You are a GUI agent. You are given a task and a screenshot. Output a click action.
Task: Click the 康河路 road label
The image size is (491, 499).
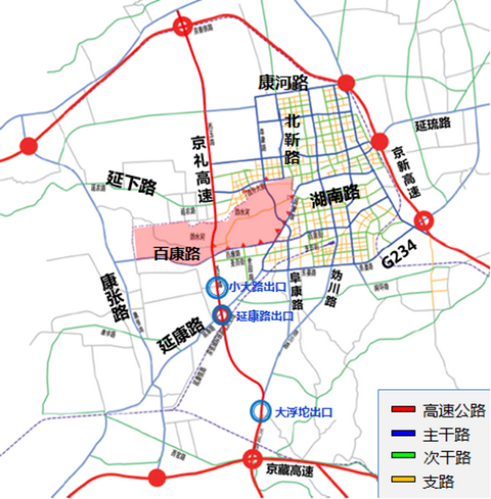click(x=283, y=82)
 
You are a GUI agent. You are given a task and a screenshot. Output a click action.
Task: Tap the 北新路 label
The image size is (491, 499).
click(x=293, y=137)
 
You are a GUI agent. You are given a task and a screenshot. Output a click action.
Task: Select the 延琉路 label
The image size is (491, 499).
click(x=432, y=125)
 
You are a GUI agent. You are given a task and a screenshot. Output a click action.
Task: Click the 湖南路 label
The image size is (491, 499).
click(x=335, y=194)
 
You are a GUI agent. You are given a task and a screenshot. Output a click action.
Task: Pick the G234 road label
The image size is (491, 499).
click(x=399, y=254)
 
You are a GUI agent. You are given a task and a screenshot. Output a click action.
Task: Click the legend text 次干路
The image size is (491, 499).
click(x=444, y=459)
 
